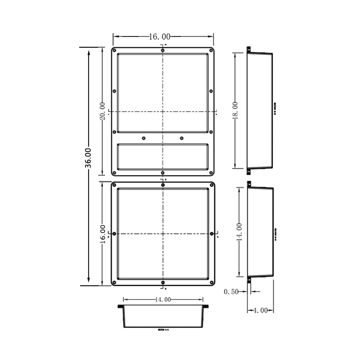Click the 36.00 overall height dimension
[x=89, y=158]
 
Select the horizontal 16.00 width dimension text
[x=159, y=37]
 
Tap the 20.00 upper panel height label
[x=103, y=111]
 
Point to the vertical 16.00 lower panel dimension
[x=103, y=234]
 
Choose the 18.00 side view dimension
[x=235, y=110]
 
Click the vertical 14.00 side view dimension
[x=239, y=232]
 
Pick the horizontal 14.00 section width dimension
[x=162, y=299]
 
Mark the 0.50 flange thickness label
[x=231, y=292]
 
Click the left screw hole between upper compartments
[x=144, y=138]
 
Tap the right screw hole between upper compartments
[x=182, y=138]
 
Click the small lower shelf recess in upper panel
[x=162, y=156]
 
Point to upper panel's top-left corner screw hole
[x=115, y=50]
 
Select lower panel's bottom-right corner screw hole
[x=210, y=283]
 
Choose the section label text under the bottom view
[x=163, y=329]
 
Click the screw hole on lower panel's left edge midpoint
[x=114, y=234]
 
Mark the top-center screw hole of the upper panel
[x=162, y=50]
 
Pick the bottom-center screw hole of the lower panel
[x=162, y=283]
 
